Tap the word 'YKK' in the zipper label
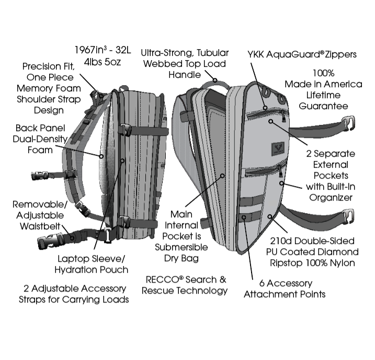[257, 54]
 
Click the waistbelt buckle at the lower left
[50, 242]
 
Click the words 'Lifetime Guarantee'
[322, 100]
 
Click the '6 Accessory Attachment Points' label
[285, 288]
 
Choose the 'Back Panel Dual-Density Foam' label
[34, 138]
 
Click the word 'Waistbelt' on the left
[34, 226]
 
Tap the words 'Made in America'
[323, 84]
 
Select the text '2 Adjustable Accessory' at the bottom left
[75, 288]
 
